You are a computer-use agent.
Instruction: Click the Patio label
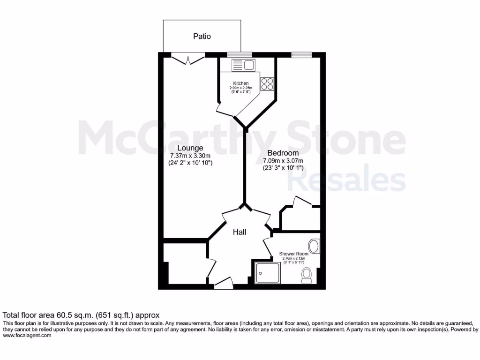[202, 36]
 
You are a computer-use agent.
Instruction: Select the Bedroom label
[283, 153]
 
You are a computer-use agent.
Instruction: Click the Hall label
[240, 232]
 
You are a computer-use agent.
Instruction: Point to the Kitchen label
[241, 83]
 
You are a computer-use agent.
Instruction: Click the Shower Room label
[294, 254]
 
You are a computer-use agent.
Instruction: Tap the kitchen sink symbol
[243, 65]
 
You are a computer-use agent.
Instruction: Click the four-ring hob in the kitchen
[267, 83]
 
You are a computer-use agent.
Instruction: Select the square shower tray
[267, 272]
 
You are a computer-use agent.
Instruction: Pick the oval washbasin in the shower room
[314, 246]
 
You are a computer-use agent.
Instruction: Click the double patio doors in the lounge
[188, 59]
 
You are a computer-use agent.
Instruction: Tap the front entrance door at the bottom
[224, 283]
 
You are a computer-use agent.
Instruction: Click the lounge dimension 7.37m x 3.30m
[190, 156]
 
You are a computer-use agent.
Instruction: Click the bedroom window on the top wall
[298, 55]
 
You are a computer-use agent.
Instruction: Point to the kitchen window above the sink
[233, 55]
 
